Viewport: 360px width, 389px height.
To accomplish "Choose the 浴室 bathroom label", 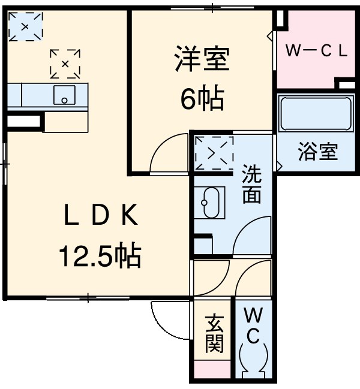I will (317, 152).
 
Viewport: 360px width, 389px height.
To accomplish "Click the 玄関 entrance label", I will (214, 334).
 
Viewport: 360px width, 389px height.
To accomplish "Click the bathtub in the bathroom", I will (315, 114).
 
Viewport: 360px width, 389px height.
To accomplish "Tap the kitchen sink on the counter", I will (64, 95).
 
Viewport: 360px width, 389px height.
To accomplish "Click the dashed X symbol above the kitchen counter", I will (65, 64).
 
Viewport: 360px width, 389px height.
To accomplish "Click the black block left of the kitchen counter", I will (24, 122).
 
